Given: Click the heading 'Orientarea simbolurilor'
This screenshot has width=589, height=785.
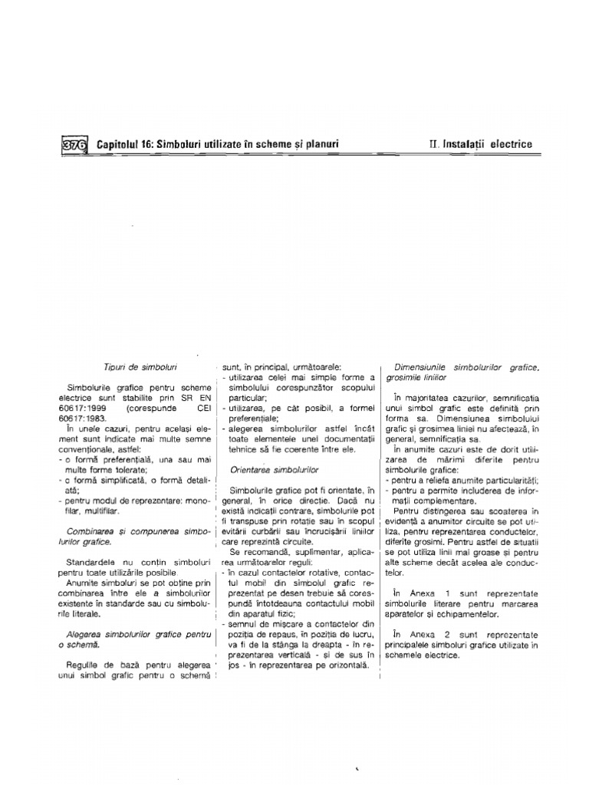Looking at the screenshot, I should [274, 468].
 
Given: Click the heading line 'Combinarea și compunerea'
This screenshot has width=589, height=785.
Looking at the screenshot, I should [138, 530].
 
